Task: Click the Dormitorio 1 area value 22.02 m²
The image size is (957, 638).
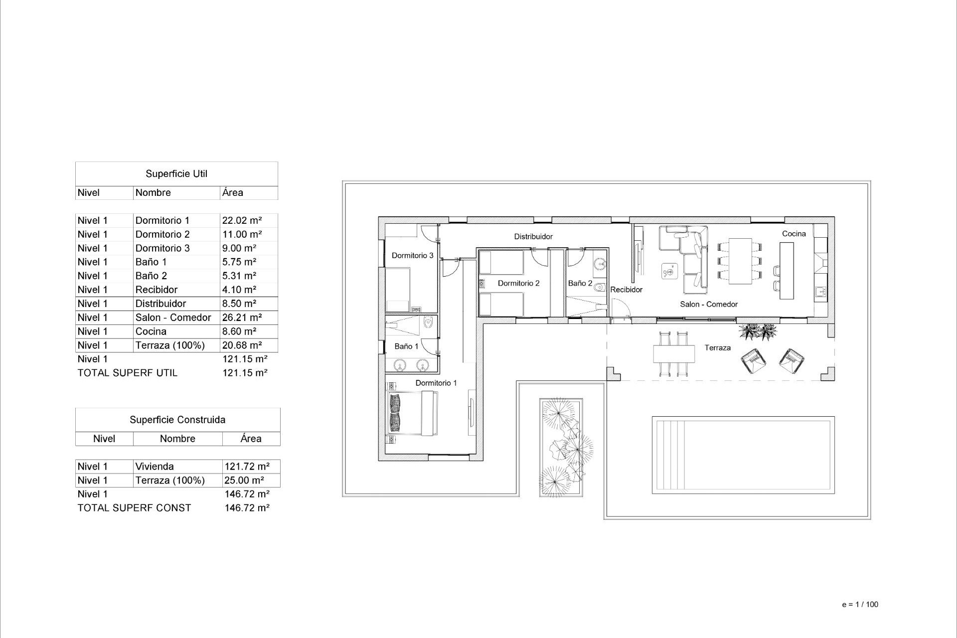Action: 242,220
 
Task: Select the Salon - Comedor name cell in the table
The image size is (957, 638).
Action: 173,318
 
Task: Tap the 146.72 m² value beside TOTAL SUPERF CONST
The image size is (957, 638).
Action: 247,508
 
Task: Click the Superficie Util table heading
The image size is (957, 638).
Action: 176,174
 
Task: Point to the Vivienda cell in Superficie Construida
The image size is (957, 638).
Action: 155,467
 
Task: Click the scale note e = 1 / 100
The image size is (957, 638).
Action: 860,605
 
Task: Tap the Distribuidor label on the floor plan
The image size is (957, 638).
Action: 533,237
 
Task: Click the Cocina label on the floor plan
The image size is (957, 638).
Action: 794,234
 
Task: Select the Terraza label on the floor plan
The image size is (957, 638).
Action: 717,348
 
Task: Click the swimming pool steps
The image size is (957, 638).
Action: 670,455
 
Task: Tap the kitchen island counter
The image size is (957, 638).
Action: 787,271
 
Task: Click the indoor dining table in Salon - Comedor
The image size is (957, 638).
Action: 740,261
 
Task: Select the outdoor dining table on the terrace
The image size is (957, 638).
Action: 674,354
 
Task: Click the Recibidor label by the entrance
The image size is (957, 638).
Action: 626,290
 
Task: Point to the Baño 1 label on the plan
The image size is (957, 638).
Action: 406,346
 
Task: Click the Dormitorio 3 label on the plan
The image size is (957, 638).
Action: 412,256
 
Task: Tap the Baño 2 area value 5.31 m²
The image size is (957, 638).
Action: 239,276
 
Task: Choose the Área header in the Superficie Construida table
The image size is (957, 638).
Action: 251,439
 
